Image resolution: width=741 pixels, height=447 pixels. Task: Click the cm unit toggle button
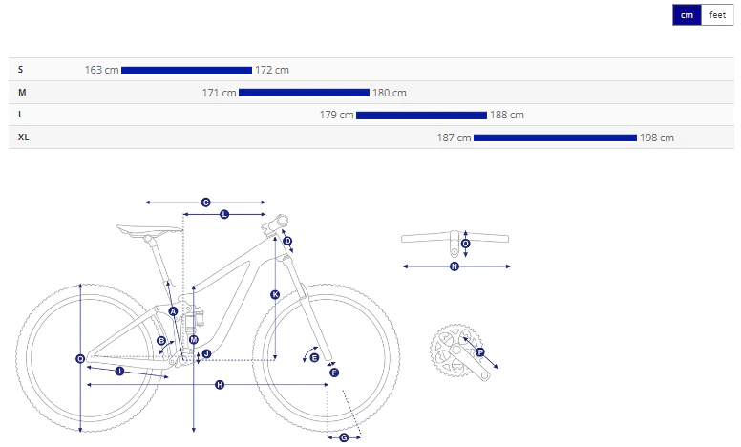(687, 15)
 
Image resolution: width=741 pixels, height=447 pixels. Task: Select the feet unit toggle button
(717, 15)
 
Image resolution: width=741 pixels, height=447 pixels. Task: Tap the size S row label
(20, 70)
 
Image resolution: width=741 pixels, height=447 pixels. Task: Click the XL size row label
(23, 138)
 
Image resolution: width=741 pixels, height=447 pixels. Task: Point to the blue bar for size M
(304, 93)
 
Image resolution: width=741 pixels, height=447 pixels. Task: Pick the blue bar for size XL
(556, 138)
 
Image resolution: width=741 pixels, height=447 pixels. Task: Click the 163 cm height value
(101, 70)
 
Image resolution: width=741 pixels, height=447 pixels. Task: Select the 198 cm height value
(657, 138)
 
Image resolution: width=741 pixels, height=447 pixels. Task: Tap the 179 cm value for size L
(336, 115)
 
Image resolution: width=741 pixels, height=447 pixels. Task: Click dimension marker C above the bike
(205, 202)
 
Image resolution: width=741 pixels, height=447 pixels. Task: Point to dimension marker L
(224, 214)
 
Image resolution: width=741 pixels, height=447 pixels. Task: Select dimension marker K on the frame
(275, 295)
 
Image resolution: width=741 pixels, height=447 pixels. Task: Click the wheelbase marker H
(220, 385)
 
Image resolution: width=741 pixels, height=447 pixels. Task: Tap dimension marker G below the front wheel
(344, 438)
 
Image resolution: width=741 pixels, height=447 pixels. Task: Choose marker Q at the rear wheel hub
(80, 359)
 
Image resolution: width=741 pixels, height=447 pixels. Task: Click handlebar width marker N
(455, 266)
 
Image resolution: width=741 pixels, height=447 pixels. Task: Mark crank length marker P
(480, 352)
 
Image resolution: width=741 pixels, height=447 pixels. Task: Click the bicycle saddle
(149, 230)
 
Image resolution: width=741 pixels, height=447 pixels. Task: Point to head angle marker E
(314, 357)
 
